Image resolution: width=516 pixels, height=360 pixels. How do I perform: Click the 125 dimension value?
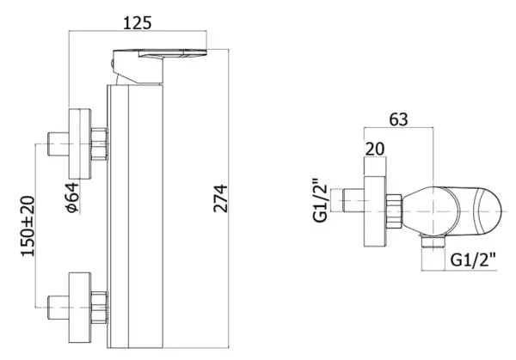click(x=138, y=23)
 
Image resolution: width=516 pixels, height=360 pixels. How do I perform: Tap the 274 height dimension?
click(x=220, y=198)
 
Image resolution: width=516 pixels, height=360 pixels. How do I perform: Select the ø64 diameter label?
click(x=73, y=198)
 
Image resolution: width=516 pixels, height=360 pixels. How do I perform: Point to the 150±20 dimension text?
click(x=28, y=226)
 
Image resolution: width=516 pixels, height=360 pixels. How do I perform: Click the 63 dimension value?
click(x=398, y=119)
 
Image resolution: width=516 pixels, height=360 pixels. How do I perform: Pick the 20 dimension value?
click(x=375, y=149)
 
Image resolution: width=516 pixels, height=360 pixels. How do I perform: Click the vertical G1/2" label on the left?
click(x=321, y=200)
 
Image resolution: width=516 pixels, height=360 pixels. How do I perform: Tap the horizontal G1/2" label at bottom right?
click(x=473, y=259)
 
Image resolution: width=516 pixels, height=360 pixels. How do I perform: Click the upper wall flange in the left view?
click(x=80, y=144)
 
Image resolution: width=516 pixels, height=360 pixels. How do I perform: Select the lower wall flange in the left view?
click(x=80, y=308)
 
